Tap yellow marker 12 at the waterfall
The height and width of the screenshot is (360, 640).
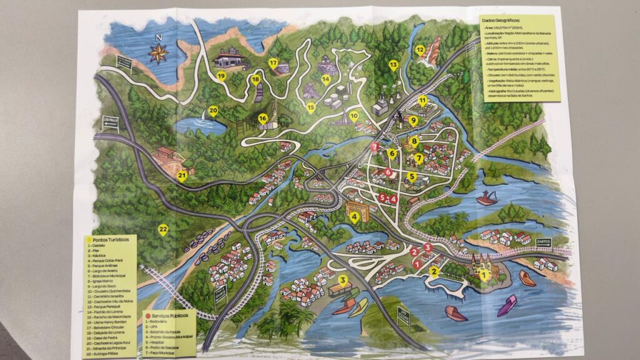click(420, 49)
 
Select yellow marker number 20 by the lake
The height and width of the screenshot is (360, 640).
click(213, 111)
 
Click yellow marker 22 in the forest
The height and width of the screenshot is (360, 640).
click(163, 229)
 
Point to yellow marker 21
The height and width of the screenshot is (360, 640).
click(182, 176)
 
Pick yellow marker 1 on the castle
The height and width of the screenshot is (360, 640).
click(482, 274)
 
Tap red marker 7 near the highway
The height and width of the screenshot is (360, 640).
click(374, 147)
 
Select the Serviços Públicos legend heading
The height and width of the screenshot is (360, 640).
click(170, 316)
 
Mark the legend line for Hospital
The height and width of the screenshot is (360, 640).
click(157, 343)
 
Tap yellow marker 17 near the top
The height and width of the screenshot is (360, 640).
click(273, 62)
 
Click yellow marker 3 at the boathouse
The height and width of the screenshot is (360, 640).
click(342, 279)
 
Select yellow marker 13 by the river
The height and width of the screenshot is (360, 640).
click(393, 64)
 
